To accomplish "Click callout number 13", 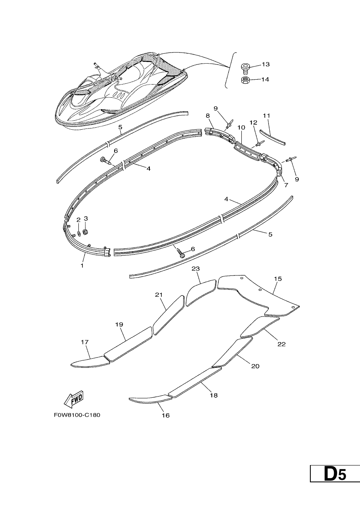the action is (x=266, y=64).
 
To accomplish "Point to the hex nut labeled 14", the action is (x=245, y=81).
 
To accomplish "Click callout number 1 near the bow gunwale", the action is (x=82, y=265).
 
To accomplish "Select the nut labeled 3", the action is (x=85, y=232).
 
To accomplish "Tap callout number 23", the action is (x=196, y=268).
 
